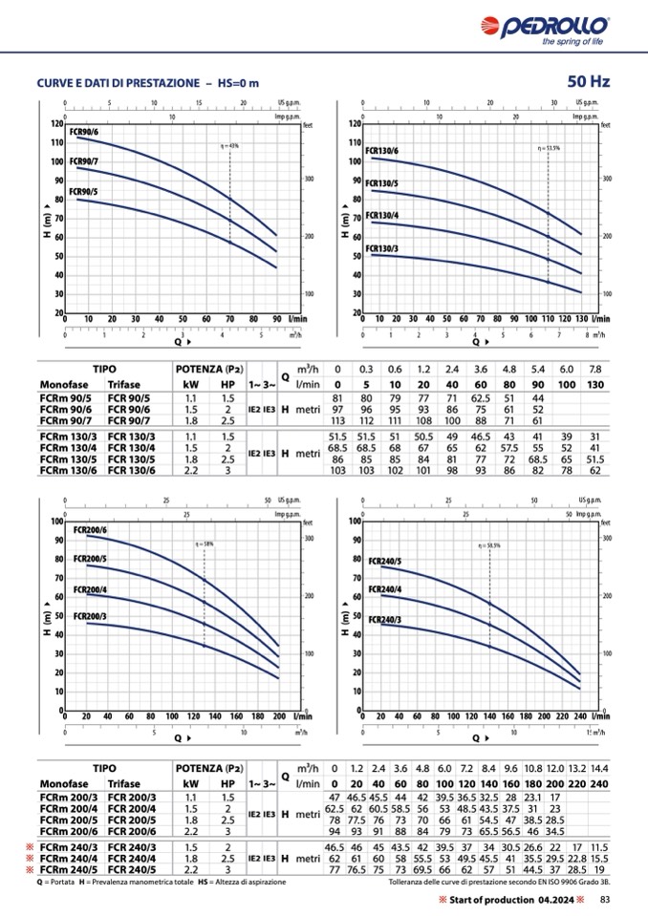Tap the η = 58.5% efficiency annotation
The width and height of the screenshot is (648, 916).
pyautogui.click(x=491, y=544)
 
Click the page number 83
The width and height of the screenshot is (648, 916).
pyautogui.click(x=606, y=901)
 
